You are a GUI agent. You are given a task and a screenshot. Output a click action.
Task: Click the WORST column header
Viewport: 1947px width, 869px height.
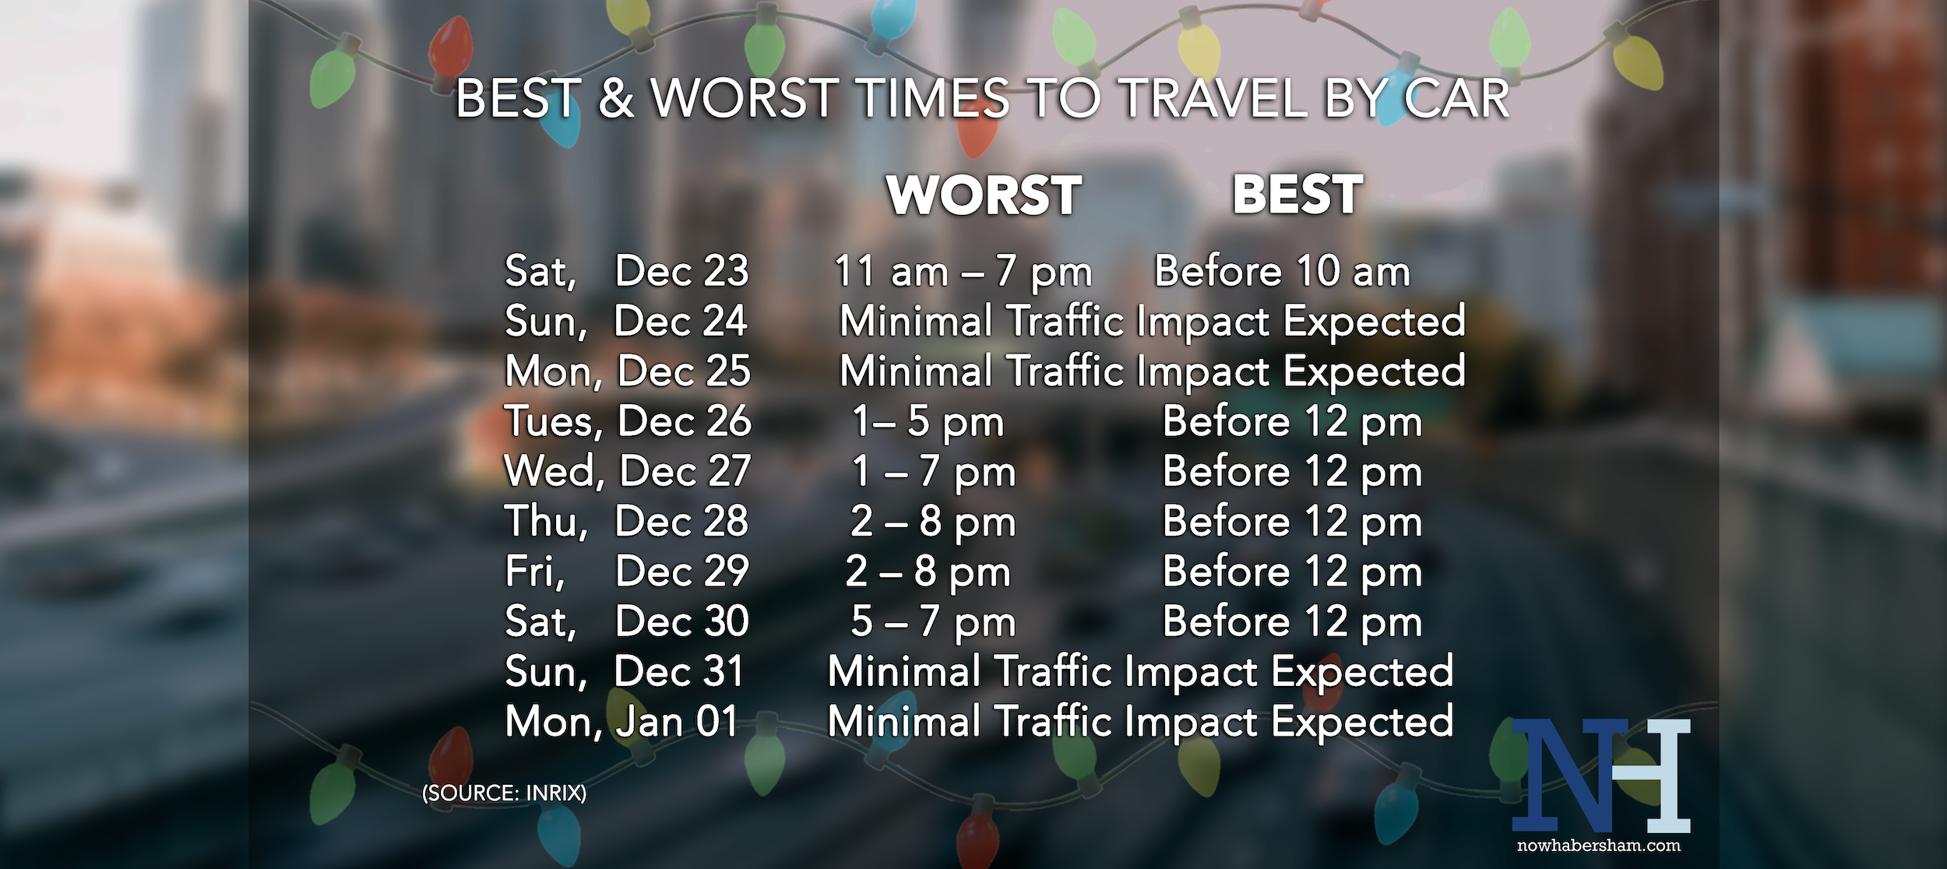[x=984, y=195]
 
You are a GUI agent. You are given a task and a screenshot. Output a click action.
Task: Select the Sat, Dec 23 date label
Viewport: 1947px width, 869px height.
[x=627, y=271]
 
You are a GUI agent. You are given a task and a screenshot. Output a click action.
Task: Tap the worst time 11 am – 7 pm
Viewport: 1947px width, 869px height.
[x=963, y=272]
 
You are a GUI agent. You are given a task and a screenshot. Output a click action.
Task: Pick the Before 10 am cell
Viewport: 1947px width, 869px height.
[x=1282, y=271]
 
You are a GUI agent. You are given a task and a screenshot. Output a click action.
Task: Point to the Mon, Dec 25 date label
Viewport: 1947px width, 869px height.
[x=628, y=371]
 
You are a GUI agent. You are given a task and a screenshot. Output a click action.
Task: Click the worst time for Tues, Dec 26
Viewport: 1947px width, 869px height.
[x=928, y=421]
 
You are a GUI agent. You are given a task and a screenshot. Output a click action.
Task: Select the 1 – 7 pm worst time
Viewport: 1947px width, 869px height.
[x=934, y=471]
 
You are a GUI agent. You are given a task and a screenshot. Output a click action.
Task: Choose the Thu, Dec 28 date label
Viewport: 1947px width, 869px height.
[x=627, y=521]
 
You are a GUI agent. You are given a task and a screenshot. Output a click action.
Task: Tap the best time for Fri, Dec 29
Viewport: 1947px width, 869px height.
[x=1293, y=572]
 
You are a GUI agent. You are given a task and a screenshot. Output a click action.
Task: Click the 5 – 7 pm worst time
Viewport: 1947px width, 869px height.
[x=934, y=621]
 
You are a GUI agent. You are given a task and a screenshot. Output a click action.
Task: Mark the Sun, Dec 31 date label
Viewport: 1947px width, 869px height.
[x=625, y=671]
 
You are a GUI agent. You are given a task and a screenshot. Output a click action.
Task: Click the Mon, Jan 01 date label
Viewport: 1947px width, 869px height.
[x=621, y=721]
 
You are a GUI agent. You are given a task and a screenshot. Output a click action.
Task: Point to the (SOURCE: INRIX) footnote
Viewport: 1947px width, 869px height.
[x=505, y=793]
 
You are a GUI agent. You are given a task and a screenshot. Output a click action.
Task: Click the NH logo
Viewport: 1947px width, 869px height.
[x=1601, y=776]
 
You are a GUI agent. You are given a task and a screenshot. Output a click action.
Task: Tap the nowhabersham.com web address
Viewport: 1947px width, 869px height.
[x=1599, y=846]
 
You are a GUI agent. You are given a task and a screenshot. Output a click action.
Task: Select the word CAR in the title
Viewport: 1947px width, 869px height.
[x=1456, y=99]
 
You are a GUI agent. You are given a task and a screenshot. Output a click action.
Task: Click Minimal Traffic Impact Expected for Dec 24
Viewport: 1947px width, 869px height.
[x=1153, y=322]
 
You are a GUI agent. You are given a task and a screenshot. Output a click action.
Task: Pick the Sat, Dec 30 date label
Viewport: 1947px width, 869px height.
[x=627, y=621]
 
